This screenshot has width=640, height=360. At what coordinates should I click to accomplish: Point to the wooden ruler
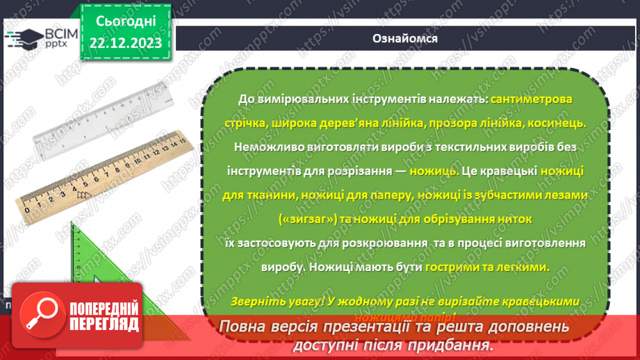point(104,174)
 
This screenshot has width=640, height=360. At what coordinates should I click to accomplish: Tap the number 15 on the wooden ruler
point(182,140)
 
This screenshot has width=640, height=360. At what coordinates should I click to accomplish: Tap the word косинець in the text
point(559,123)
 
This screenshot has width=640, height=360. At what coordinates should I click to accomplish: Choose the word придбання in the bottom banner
point(452,345)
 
